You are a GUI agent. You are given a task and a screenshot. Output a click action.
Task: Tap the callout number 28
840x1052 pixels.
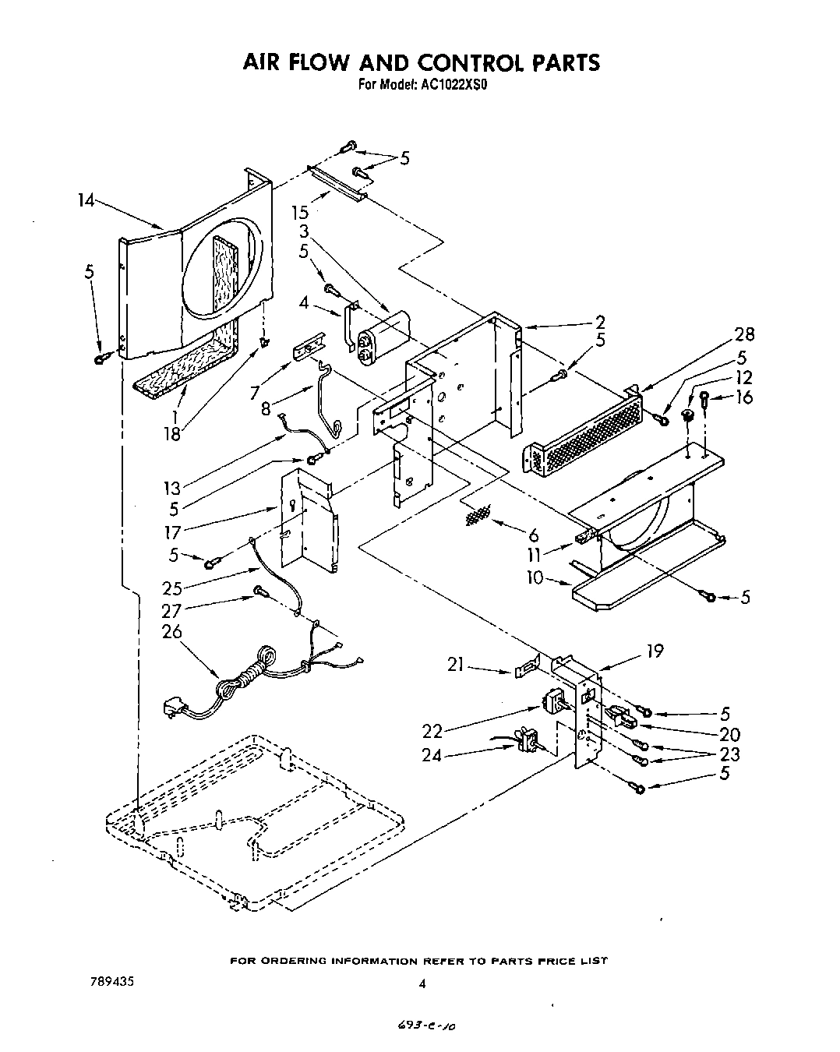tap(745, 334)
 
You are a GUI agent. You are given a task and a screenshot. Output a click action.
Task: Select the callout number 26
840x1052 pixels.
tap(171, 631)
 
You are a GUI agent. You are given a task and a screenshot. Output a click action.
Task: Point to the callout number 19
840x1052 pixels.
tap(655, 651)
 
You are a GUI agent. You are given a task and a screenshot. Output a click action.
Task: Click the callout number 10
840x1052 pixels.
tap(537, 579)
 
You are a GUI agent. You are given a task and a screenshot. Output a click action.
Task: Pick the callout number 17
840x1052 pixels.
tap(172, 532)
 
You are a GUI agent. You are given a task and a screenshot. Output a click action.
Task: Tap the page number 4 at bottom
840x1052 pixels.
tap(422, 984)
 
